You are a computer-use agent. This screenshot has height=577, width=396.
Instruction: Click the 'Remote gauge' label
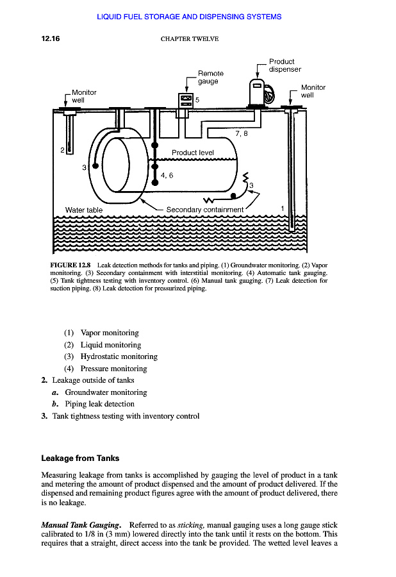(x=211, y=77)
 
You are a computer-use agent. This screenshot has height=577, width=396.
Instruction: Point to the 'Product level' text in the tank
(x=192, y=153)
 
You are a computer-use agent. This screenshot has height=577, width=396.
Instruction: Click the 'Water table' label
(x=83, y=210)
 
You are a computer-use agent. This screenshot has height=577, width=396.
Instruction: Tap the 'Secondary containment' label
(x=204, y=210)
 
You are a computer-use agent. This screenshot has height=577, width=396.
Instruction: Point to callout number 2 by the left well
(x=62, y=150)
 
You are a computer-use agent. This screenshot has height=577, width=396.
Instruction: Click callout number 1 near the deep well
(x=283, y=208)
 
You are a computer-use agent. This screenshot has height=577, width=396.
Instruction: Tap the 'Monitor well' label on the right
(x=313, y=91)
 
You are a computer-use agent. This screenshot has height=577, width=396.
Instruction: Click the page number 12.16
(x=51, y=38)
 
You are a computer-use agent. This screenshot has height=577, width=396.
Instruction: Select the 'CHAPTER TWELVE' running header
(x=189, y=39)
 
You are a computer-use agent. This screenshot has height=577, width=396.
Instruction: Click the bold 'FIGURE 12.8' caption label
(x=70, y=265)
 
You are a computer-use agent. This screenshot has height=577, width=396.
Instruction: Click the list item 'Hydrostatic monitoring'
(x=119, y=356)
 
